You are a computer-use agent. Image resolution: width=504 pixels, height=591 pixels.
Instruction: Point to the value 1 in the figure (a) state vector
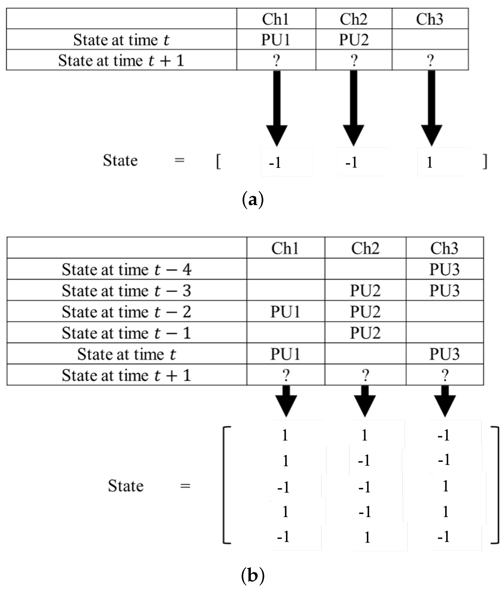pyautogui.click(x=430, y=162)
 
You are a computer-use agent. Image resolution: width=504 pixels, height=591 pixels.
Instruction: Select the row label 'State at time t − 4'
pyautogui.click(x=126, y=269)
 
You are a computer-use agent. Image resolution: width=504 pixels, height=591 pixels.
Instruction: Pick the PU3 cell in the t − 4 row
pyautogui.click(x=444, y=269)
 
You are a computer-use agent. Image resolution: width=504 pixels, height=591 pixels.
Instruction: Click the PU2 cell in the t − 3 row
pyautogui.click(x=365, y=290)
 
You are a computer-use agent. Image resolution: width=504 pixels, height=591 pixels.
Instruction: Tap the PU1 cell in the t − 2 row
pyautogui.click(x=285, y=312)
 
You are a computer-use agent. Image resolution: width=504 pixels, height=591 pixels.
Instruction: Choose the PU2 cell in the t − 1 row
pyautogui.click(x=365, y=332)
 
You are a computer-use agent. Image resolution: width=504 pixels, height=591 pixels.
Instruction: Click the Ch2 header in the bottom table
pyautogui.click(x=365, y=248)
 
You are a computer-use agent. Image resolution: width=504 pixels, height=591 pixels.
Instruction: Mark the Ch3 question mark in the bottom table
pyautogui.click(x=444, y=375)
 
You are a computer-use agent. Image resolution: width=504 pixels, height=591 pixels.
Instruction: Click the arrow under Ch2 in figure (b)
pyautogui.click(x=365, y=401)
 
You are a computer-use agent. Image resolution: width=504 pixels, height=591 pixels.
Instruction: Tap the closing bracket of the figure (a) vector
pyautogui.click(x=485, y=162)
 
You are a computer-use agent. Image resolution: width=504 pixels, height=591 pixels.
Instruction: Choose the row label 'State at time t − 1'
pyautogui.click(x=126, y=332)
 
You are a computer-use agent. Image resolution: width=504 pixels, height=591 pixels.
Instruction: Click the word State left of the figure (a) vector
pyautogui.click(x=120, y=160)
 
